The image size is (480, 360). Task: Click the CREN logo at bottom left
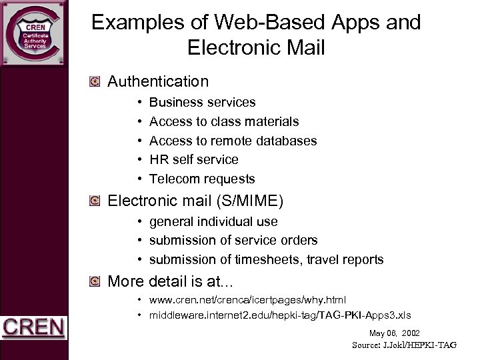[x=33, y=328]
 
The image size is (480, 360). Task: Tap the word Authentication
[x=158, y=82]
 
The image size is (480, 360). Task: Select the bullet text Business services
[x=202, y=103]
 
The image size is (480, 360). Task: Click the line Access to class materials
[x=224, y=122]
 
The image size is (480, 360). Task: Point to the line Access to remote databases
[x=233, y=141]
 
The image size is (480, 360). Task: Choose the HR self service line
[x=193, y=160]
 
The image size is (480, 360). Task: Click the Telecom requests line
[x=202, y=179]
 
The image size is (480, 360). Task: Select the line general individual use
[x=213, y=221]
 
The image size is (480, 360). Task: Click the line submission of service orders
[x=233, y=240]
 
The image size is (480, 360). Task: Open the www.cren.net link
[x=247, y=300]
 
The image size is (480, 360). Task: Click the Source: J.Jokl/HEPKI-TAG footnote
[x=404, y=345]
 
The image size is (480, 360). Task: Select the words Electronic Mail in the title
[x=257, y=48]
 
